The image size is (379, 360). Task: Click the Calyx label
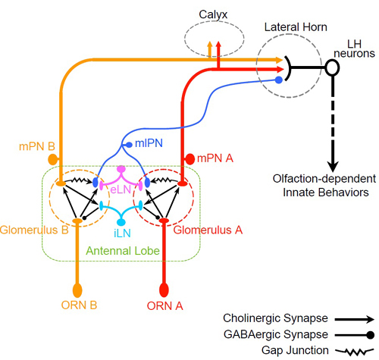[213, 14]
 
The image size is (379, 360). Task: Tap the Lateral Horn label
[296, 27]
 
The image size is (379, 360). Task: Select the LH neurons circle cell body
[332, 67]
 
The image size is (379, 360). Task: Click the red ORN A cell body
[164, 290]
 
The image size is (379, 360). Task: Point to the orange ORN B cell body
[77, 290]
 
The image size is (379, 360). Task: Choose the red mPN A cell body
[189, 159]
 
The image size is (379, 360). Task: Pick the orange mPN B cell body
[52, 159]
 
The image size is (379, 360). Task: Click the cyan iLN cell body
[121, 222]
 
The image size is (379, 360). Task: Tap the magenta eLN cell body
[121, 168]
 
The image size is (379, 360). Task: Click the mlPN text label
[149, 143]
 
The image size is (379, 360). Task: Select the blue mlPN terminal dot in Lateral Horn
[279, 80]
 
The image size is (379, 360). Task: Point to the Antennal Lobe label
[123, 251]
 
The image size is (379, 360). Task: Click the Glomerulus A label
[208, 230]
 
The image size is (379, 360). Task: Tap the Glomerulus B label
[34, 230]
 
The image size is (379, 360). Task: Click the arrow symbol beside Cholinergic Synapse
[354, 319]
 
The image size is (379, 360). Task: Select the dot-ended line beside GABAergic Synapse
[354, 335]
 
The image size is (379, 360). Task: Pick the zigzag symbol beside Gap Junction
[354, 351]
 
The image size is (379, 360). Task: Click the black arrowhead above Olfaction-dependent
[333, 167]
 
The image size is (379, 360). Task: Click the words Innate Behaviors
[326, 193]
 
